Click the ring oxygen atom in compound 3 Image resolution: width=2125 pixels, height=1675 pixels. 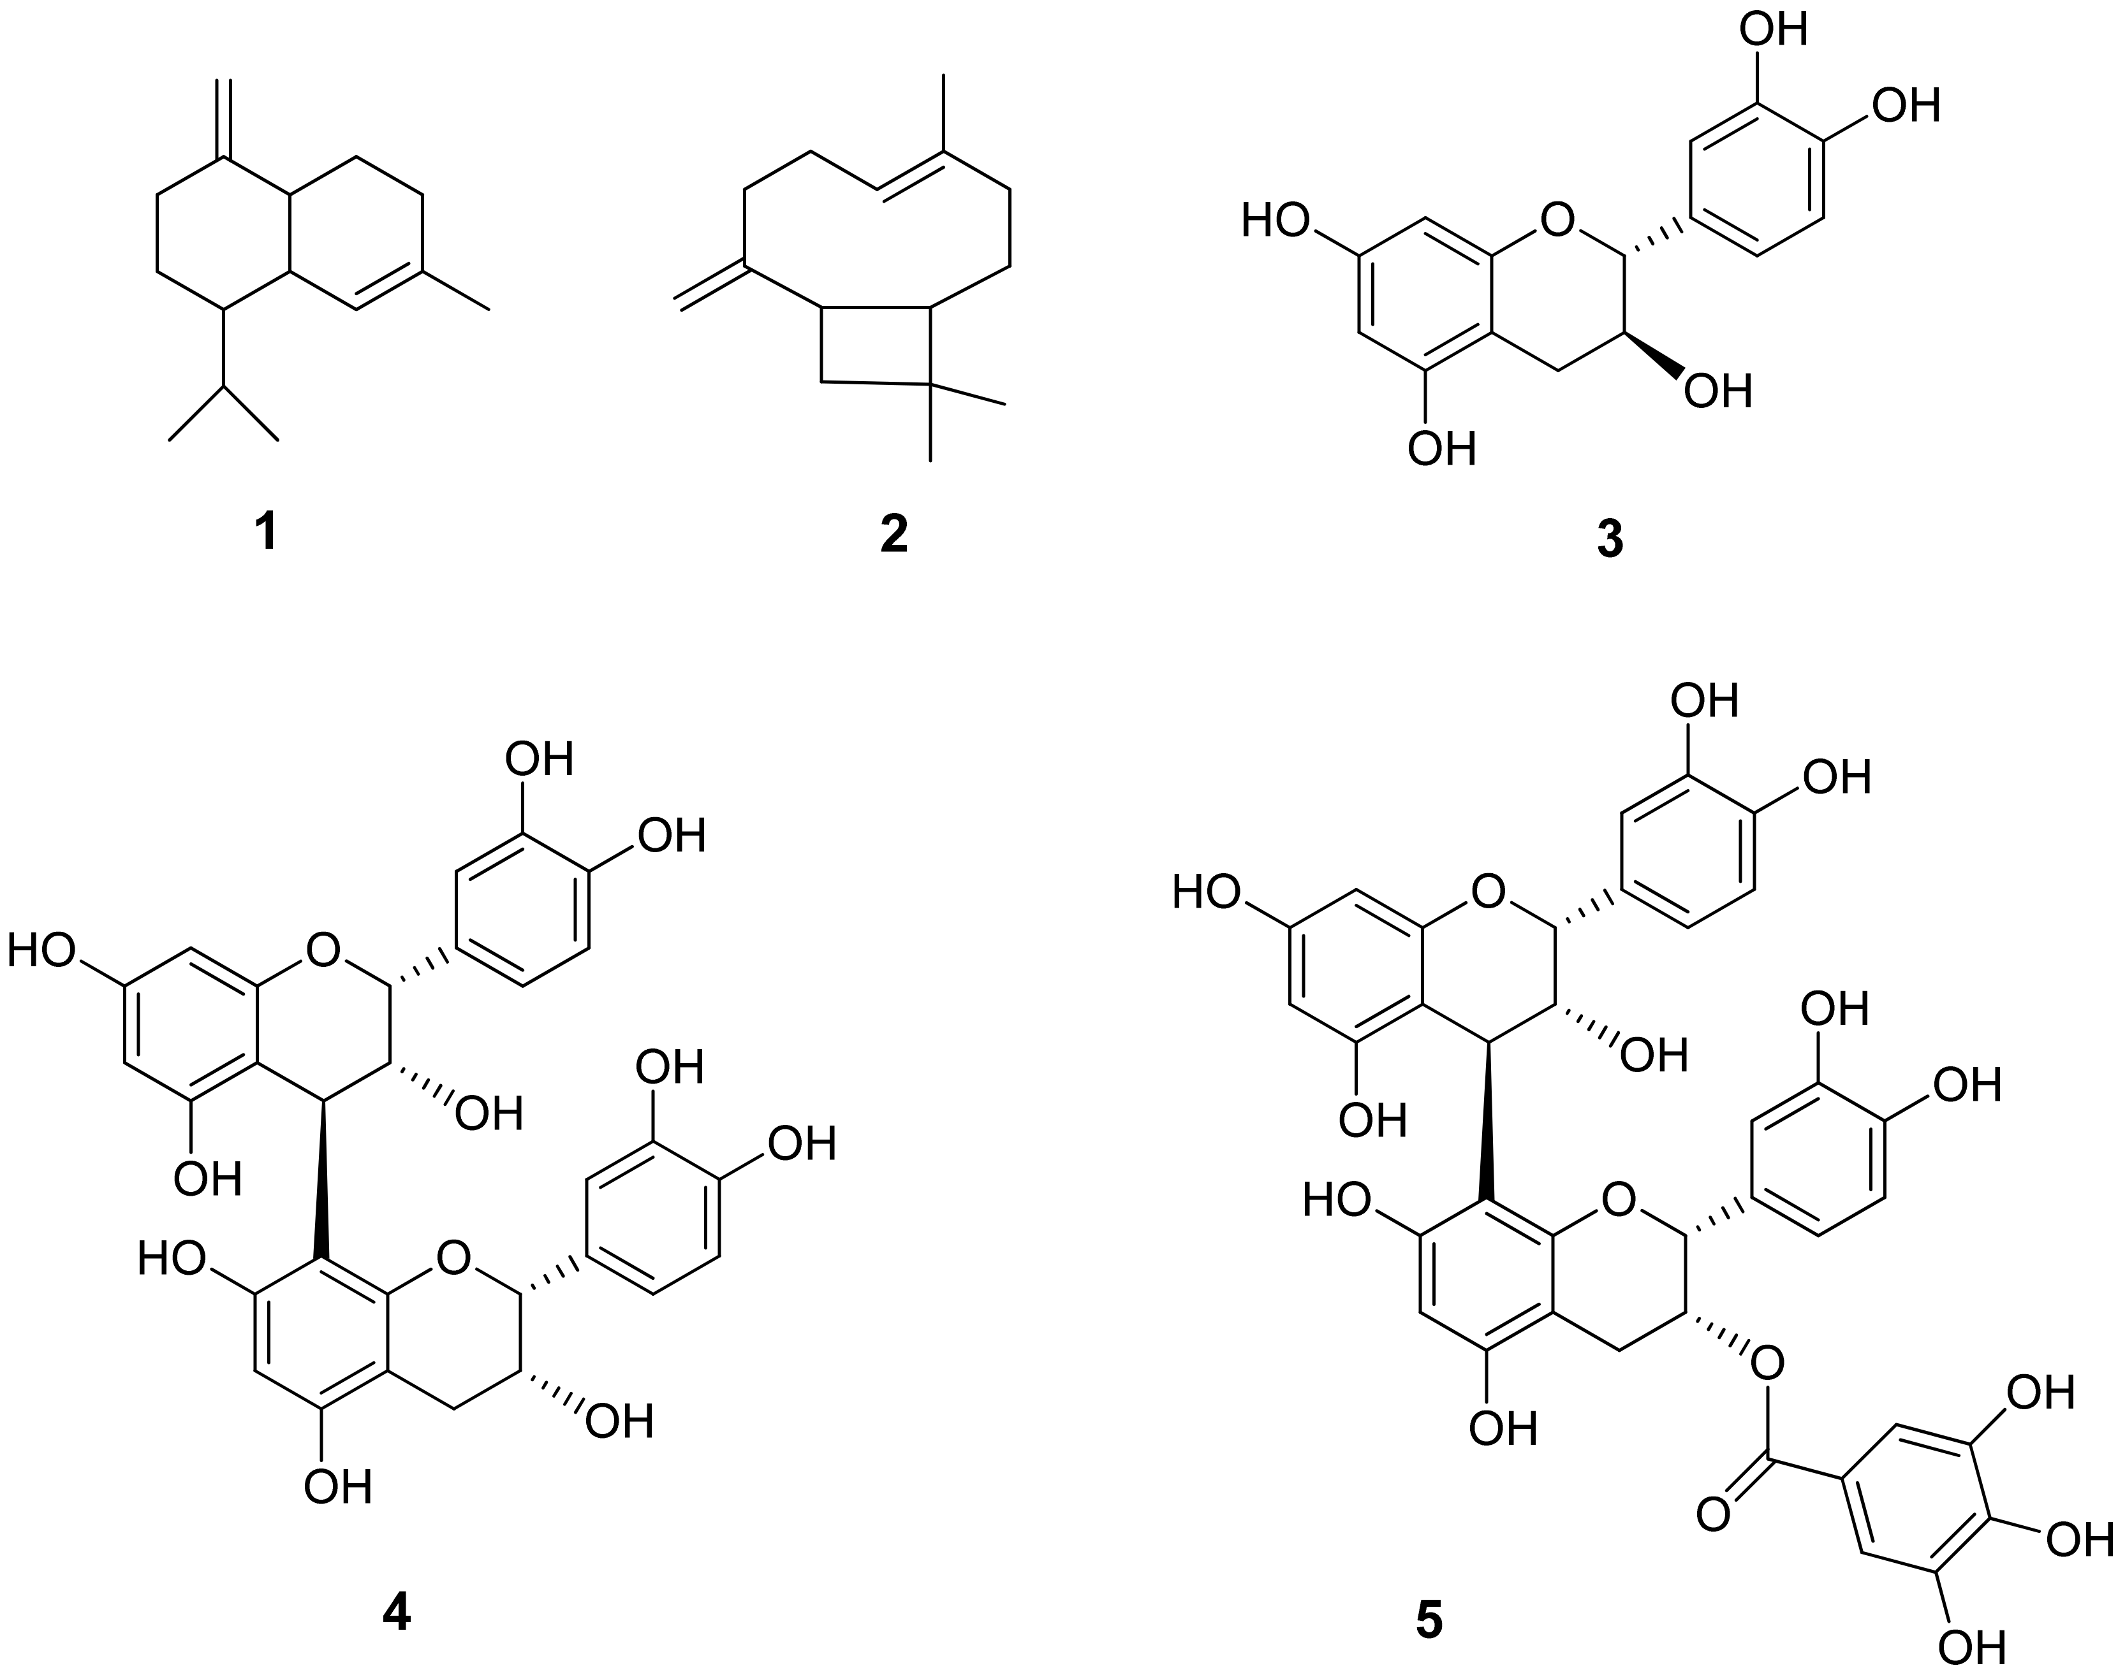point(1556,222)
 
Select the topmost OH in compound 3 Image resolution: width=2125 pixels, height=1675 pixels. point(1773,29)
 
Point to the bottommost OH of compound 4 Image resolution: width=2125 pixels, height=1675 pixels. point(337,1488)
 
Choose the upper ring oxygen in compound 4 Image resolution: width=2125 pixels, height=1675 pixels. point(323,949)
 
